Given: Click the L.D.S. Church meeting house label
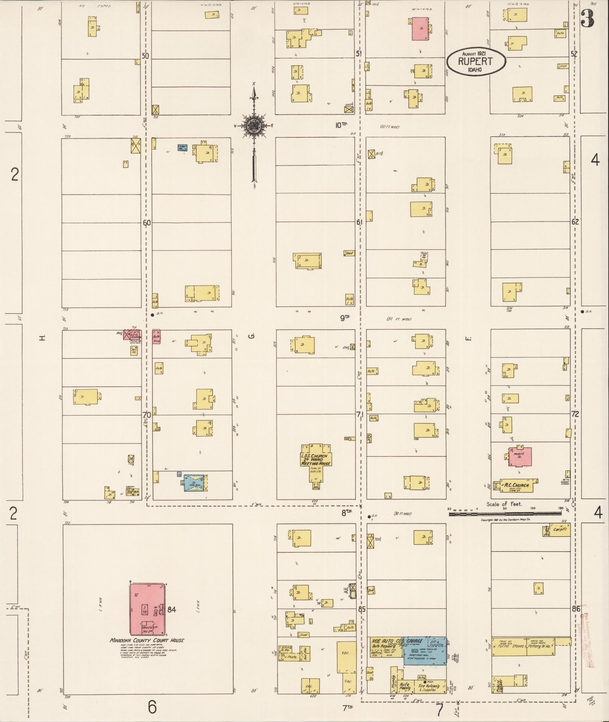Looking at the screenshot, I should (316, 460).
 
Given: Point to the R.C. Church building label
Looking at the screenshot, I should (517, 485).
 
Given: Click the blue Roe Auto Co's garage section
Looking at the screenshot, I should (424, 651).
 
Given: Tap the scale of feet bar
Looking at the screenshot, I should (505, 513).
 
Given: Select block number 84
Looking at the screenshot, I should (172, 609).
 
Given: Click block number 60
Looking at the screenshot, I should (146, 223).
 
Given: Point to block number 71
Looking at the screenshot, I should (360, 415).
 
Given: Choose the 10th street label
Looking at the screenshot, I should (341, 125).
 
